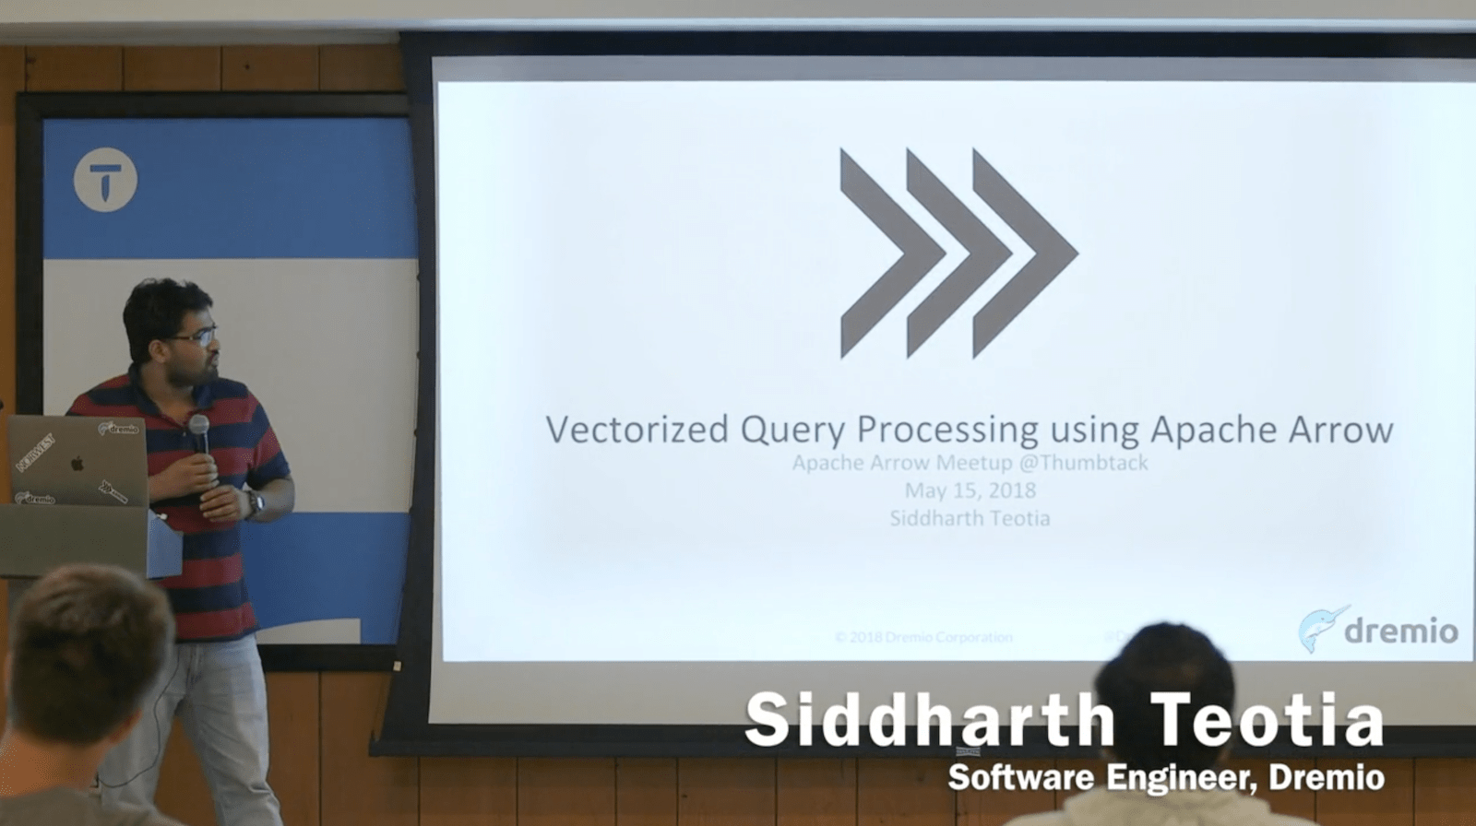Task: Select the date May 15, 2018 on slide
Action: point(970,490)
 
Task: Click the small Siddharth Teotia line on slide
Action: point(970,518)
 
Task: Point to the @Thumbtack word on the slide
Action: point(1083,463)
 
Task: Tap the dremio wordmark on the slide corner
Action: point(1400,631)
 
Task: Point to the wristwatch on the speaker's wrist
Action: point(254,503)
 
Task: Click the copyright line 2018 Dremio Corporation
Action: point(923,637)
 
